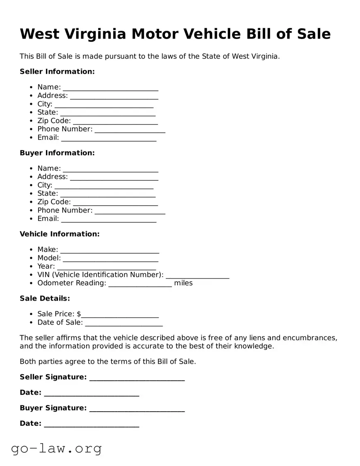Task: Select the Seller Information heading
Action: point(57,72)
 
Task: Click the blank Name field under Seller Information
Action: point(110,87)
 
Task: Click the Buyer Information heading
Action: point(57,153)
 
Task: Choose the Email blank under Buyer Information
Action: point(109,219)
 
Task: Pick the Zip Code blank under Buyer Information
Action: point(115,202)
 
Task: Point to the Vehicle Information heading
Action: point(60,234)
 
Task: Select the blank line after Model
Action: point(110,259)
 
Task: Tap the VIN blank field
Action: point(197,275)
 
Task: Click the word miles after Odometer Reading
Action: point(183,283)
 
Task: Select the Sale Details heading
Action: point(45,299)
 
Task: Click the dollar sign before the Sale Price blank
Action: point(79,314)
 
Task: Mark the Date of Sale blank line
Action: point(123,323)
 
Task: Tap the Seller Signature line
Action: point(137,378)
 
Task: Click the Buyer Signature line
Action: point(137,409)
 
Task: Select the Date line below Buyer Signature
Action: point(91,424)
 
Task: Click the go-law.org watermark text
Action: point(56,449)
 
